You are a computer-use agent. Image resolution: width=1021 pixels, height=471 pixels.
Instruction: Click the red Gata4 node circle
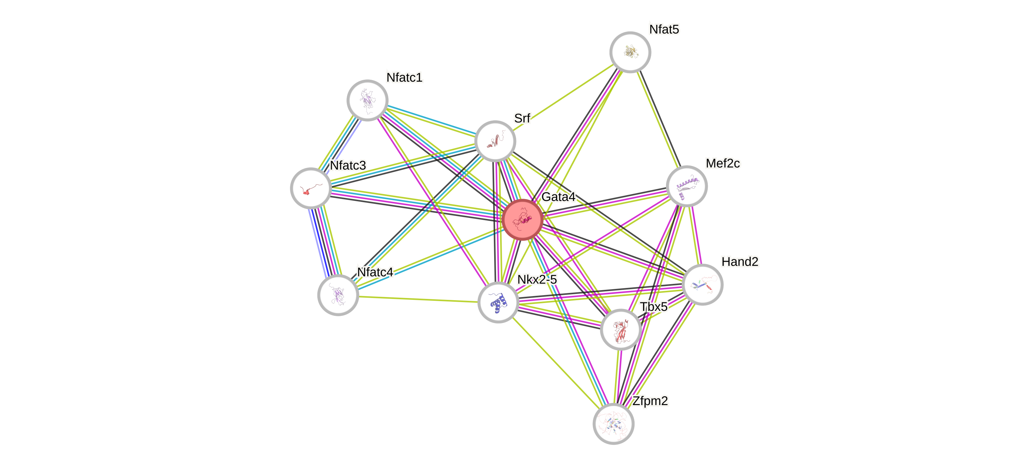coord(522,220)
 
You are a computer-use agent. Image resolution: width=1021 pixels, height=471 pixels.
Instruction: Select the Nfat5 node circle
coord(630,52)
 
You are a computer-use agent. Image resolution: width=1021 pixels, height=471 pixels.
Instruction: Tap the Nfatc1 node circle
coord(368,100)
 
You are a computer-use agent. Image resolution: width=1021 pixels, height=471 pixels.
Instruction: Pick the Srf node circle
coord(495,141)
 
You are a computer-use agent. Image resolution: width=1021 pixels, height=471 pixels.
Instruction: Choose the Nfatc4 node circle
coord(338,295)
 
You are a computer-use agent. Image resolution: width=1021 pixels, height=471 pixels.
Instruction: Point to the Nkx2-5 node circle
coord(498,302)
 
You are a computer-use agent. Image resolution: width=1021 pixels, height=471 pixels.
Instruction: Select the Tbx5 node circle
coord(621,330)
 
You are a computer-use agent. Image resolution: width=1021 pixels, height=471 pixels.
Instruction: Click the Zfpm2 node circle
coord(613,424)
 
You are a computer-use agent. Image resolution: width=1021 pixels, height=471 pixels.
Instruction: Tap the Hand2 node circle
coord(703,284)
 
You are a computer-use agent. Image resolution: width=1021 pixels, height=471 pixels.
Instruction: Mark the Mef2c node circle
coord(686,186)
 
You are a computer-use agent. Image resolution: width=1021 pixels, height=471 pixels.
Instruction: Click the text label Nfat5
coord(664,29)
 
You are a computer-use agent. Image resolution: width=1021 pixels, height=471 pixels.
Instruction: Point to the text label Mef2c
coord(723,163)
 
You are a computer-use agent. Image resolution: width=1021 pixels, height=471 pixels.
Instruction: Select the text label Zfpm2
coord(650,401)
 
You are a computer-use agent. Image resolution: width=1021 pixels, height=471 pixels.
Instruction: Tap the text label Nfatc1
coord(404,78)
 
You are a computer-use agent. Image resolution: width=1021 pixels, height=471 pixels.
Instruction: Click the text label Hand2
coord(740,262)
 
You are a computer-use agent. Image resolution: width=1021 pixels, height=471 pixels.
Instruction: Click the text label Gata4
coord(558,197)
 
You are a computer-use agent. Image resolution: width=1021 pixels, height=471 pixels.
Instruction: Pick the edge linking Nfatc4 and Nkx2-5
coord(418,299)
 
